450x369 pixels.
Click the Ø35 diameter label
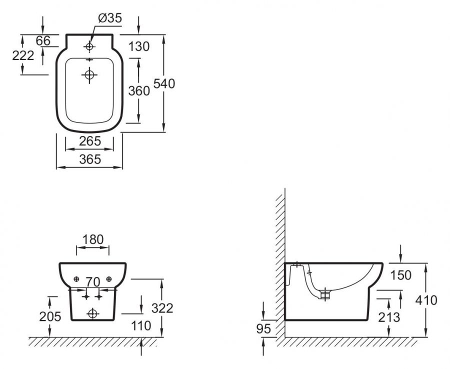(x=110, y=19)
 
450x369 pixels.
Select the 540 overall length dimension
(x=165, y=83)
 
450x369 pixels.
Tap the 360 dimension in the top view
(x=139, y=90)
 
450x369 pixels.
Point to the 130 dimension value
(x=139, y=47)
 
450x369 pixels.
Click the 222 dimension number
(x=23, y=55)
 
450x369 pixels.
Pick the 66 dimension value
(x=43, y=40)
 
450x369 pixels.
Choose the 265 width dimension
(x=90, y=141)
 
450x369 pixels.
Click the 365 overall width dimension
(x=90, y=159)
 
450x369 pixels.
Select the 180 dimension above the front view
(x=93, y=239)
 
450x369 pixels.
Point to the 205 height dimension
(x=50, y=316)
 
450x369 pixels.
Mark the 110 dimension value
(x=141, y=326)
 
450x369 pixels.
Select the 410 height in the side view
(x=426, y=300)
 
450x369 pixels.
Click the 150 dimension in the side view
(x=401, y=275)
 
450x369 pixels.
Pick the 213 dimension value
(x=389, y=317)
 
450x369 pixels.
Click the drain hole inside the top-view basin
(x=89, y=75)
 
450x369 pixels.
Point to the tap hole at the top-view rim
(x=89, y=47)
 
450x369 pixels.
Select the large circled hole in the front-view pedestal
(x=92, y=313)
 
